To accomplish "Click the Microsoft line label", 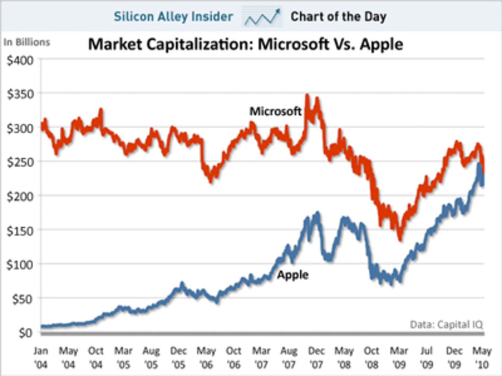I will [275, 112].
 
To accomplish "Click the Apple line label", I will [293, 275].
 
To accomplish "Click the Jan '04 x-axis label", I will [40, 358].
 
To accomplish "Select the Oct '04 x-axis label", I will [96, 358].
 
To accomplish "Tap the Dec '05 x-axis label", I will [178, 358].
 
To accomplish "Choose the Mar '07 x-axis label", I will [261, 358].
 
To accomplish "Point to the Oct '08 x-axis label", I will [371, 358].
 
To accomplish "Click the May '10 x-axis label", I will [482, 358].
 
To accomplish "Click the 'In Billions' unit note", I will [27, 42].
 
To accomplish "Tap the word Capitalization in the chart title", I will [200, 44].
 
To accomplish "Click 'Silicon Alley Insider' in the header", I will [173, 16].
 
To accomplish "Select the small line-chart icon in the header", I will [262, 17].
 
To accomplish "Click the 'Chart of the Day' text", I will [338, 16].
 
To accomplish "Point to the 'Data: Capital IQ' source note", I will [446, 324].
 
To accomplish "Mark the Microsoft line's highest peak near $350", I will [307, 95].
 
